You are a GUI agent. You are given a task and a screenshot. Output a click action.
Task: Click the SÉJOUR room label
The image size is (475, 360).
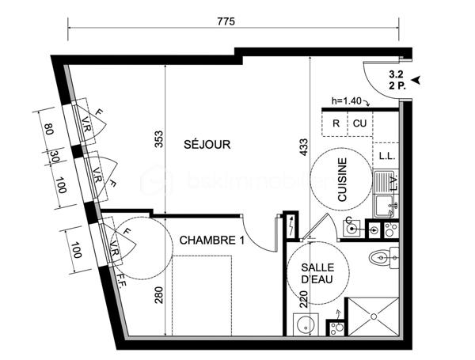pos(207,145)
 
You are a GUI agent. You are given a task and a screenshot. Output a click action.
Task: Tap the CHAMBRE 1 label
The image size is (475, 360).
pos(211,241)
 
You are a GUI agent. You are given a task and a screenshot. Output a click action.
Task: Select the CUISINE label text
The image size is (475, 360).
pos(343,182)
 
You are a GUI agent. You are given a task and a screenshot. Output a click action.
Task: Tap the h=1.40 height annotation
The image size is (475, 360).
pos(348,100)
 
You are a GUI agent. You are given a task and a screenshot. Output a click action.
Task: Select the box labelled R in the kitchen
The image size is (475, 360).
pos(336,123)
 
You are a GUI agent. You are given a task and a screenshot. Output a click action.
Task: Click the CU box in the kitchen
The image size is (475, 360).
pos(360,123)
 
